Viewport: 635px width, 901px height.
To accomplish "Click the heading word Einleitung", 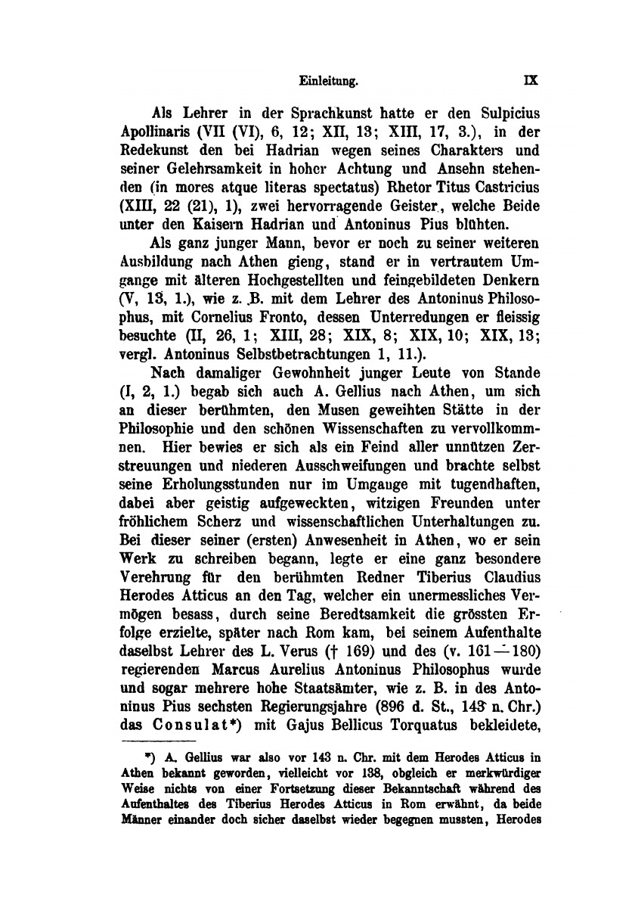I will pos(327,78).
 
